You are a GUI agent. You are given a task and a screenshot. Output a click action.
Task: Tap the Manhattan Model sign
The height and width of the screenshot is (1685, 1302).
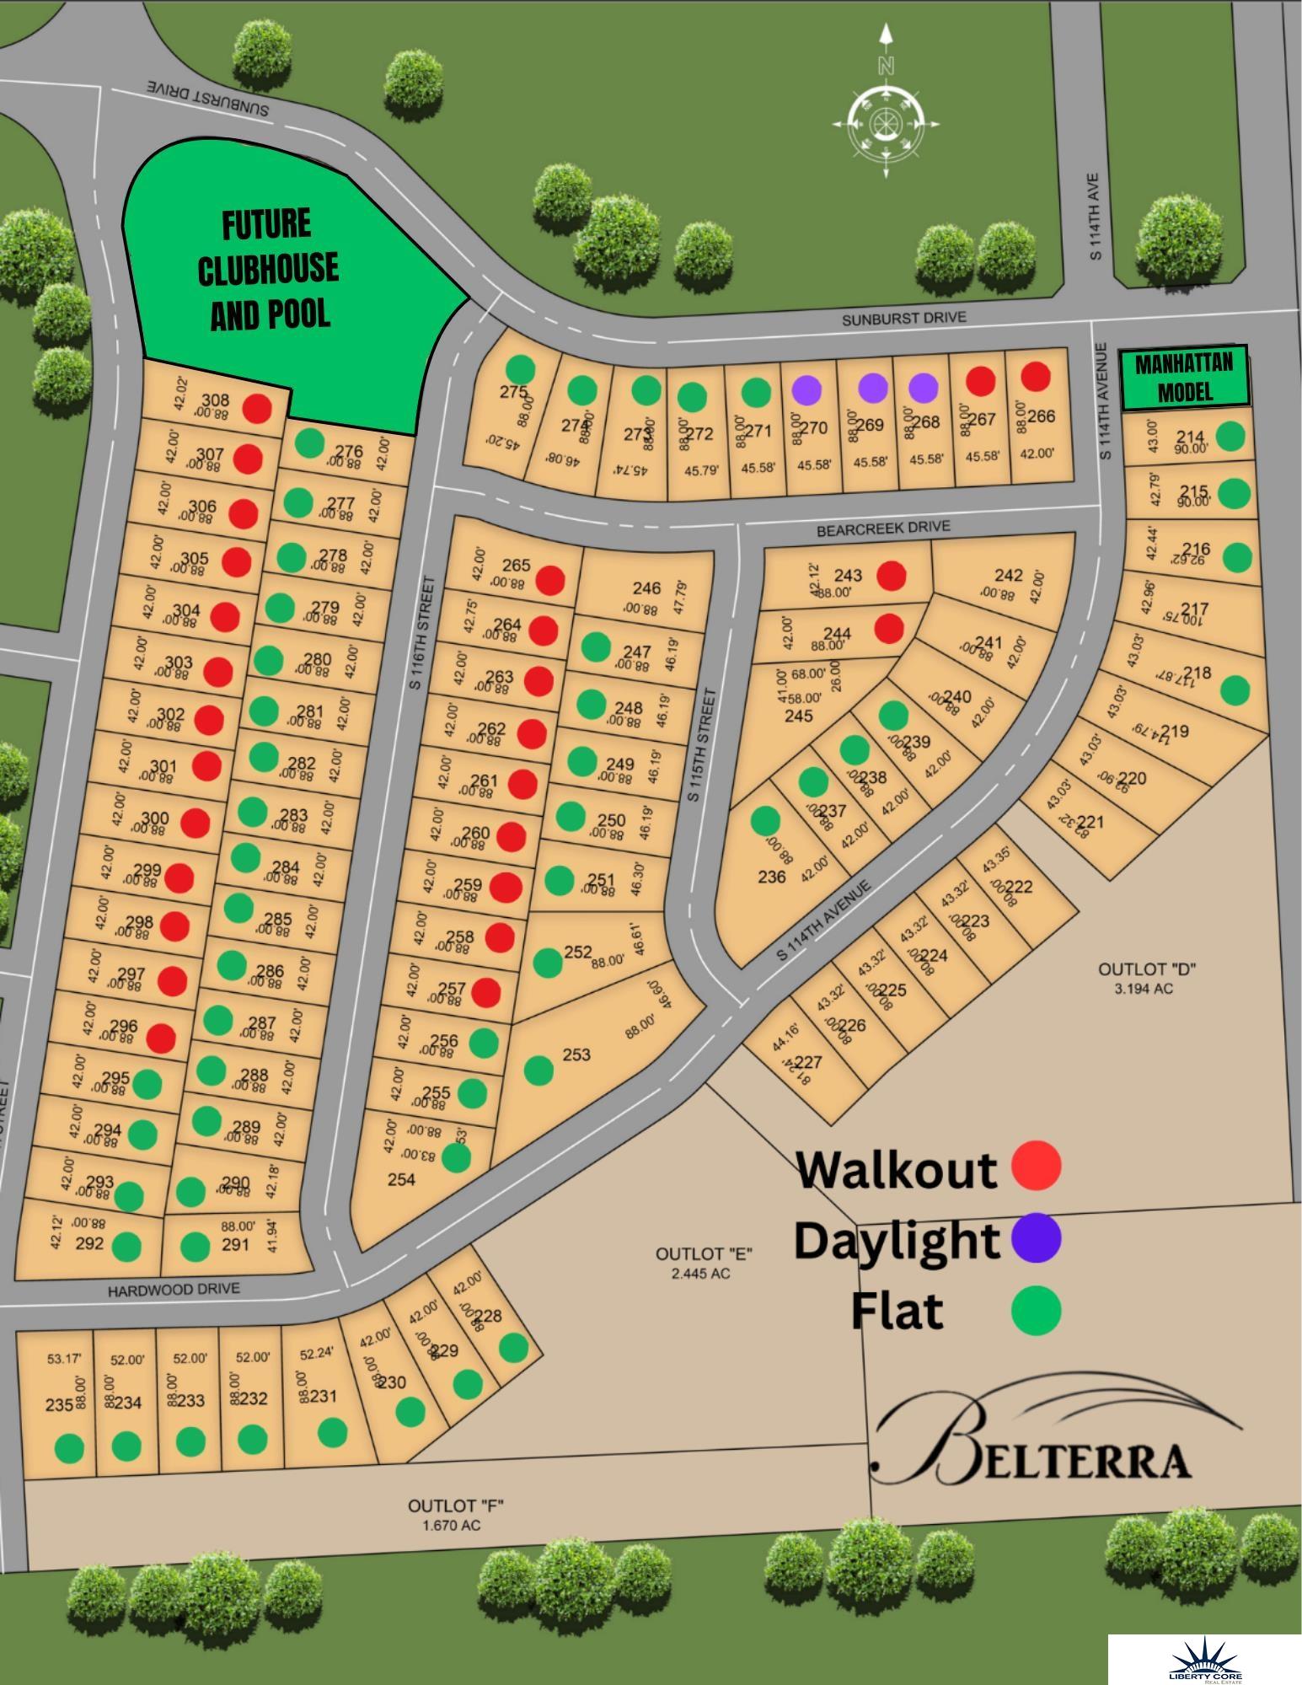pos(1183,377)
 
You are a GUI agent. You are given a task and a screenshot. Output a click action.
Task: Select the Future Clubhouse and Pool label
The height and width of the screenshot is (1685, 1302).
pos(268,269)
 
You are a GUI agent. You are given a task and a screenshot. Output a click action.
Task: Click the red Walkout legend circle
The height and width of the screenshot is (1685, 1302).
pos(1036,1166)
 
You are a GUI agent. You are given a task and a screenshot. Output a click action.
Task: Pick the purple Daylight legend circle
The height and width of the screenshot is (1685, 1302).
pos(1036,1237)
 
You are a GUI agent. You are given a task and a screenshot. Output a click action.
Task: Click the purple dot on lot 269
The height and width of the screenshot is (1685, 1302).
pos(872,387)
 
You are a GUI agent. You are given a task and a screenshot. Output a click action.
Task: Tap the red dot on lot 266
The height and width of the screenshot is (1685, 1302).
pos(1035,376)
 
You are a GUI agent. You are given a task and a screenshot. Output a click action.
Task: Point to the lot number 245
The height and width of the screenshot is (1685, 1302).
pos(798,716)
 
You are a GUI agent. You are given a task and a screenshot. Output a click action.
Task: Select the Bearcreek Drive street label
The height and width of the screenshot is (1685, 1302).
pos(882,529)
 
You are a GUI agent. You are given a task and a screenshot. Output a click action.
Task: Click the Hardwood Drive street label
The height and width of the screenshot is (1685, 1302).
pos(174,1290)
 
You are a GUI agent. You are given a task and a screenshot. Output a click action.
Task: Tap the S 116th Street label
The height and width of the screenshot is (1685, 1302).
pos(423,631)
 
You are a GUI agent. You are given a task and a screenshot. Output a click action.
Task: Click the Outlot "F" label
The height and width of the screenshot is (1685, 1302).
pos(455,1505)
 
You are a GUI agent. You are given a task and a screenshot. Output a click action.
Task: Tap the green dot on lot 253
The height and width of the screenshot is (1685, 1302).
pos(538,1070)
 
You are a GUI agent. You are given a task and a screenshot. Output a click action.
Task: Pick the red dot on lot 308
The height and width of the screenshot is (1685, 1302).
pos(257,409)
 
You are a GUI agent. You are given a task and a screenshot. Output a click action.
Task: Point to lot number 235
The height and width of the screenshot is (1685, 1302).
pos(58,1404)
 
